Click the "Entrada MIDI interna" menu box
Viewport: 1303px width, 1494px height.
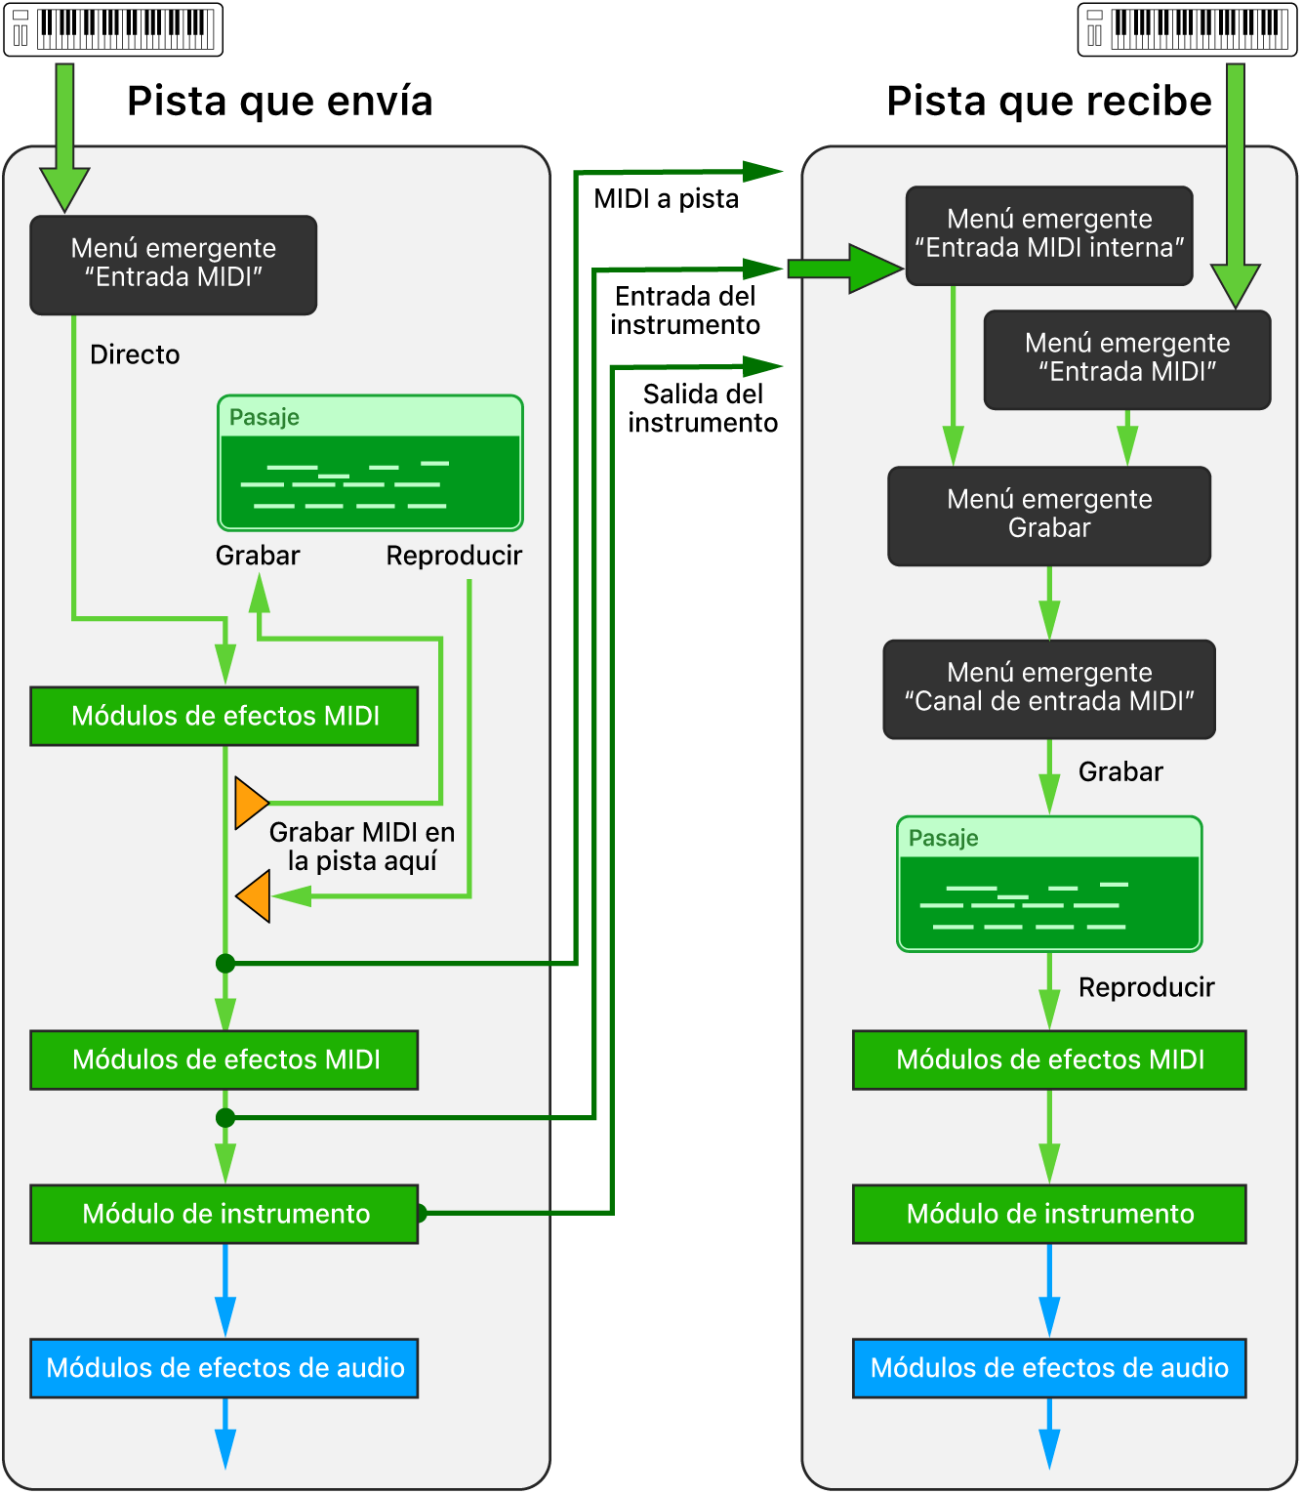[1049, 235]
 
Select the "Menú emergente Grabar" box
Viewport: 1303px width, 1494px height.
[1049, 516]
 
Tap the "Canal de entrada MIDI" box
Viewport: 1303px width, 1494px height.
[1049, 688]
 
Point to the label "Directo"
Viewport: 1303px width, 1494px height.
[135, 354]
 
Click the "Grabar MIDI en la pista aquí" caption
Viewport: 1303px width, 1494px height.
[362, 847]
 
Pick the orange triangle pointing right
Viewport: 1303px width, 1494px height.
[251, 803]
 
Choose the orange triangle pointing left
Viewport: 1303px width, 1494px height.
[254, 895]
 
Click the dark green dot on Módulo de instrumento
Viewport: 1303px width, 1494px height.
[421, 1214]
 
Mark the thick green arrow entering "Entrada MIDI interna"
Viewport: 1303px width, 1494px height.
[845, 269]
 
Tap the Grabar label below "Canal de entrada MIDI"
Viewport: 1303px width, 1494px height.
[1120, 772]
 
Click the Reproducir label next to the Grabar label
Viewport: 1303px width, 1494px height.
[454, 556]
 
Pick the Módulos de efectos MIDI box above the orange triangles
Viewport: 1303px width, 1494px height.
[224, 716]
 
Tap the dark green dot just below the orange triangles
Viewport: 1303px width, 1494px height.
[225, 964]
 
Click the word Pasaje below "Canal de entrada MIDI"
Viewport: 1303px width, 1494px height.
[943, 838]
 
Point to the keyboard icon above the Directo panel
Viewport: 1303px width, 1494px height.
[113, 29]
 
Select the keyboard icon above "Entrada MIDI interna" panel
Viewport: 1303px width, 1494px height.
[1187, 29]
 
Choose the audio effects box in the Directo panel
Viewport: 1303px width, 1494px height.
[224, 1368]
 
